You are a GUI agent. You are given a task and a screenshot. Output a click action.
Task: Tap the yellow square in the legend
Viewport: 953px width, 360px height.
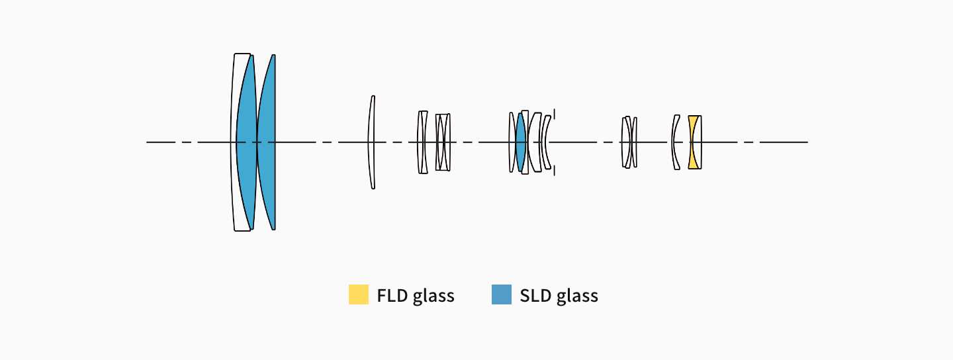coord(359,294)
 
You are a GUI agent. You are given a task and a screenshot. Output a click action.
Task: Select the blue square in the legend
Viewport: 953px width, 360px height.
coord(502,294)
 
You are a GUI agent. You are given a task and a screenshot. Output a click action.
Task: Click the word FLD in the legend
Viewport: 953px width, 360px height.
coord(392,295)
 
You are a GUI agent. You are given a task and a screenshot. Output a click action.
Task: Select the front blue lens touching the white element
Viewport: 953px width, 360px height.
coord(247,142)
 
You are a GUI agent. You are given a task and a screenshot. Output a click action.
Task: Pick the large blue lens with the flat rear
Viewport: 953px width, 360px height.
coord(268,142)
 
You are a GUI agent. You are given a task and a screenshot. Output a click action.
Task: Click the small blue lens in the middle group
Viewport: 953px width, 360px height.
coord(521,142)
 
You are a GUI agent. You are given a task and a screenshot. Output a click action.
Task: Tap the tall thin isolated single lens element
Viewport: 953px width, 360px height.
coord(372,142)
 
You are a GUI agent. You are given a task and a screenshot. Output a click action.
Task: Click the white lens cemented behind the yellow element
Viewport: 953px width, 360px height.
coord(700,142)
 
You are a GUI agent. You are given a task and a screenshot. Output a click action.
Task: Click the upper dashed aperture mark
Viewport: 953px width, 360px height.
coord(555,115)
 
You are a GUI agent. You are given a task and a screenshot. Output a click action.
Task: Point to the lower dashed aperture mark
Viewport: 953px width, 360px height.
coord(555,169)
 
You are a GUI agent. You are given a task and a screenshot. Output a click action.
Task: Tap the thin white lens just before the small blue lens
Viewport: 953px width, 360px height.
coord(512,142)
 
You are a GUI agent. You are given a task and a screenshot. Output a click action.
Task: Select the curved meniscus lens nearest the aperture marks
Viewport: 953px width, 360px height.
coord(545,142)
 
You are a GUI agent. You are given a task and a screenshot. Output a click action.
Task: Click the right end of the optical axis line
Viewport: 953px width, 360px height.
coord(807,142)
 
